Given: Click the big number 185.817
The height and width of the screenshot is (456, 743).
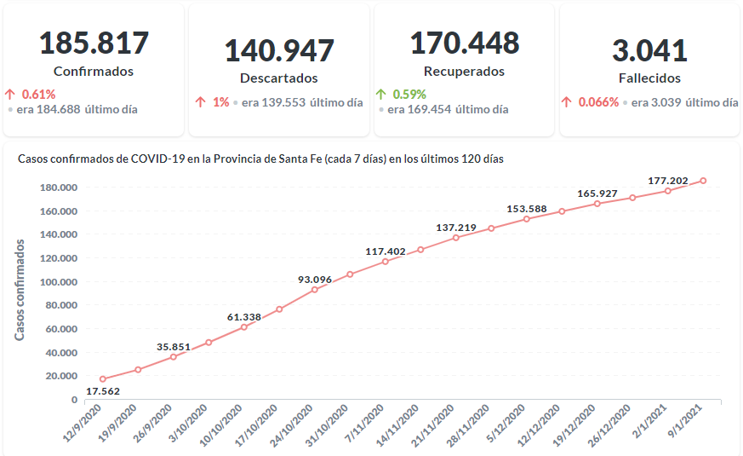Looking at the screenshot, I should [94, 43].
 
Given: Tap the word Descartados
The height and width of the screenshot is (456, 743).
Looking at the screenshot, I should [278, 78].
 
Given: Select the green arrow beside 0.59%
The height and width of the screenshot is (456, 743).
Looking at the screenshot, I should [380, 94].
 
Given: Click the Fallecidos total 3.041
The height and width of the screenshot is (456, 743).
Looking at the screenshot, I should [649, 49].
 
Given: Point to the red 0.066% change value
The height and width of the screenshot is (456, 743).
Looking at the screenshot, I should [599, 102].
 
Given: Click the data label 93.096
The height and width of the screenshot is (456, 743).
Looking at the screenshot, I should [315, 279].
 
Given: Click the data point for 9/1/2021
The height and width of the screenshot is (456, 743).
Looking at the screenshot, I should [703, 181].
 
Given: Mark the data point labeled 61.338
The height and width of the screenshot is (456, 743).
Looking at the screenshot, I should [244, 326].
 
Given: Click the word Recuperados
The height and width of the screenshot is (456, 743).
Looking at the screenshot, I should [464, 72].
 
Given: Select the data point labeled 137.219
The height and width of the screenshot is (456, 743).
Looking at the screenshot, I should [456, 237].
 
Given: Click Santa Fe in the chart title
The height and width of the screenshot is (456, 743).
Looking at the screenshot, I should [333, 159].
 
